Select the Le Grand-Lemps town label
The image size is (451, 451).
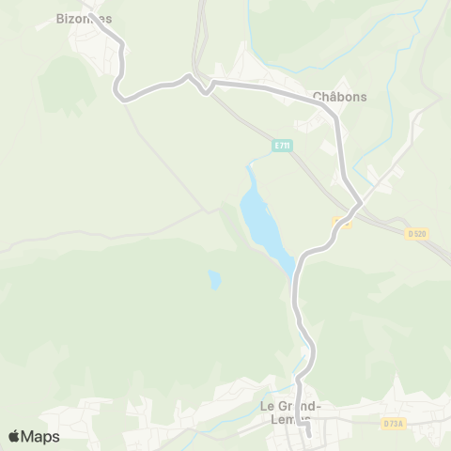point(292,412)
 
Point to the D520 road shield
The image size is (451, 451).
point(416,233)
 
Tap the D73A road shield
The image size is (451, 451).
point(393,424)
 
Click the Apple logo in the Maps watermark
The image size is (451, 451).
point(14,436)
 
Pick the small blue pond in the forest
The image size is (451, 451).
point(215,279)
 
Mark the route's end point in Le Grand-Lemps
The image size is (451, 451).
point(308,435)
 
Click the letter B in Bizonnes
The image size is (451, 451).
point(60,18)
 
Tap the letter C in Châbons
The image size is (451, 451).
point(316,96)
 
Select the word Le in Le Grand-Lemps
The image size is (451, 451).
point(265,406)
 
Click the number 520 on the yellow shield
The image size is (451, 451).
point(419,233)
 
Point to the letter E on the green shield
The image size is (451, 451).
point(276,145)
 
